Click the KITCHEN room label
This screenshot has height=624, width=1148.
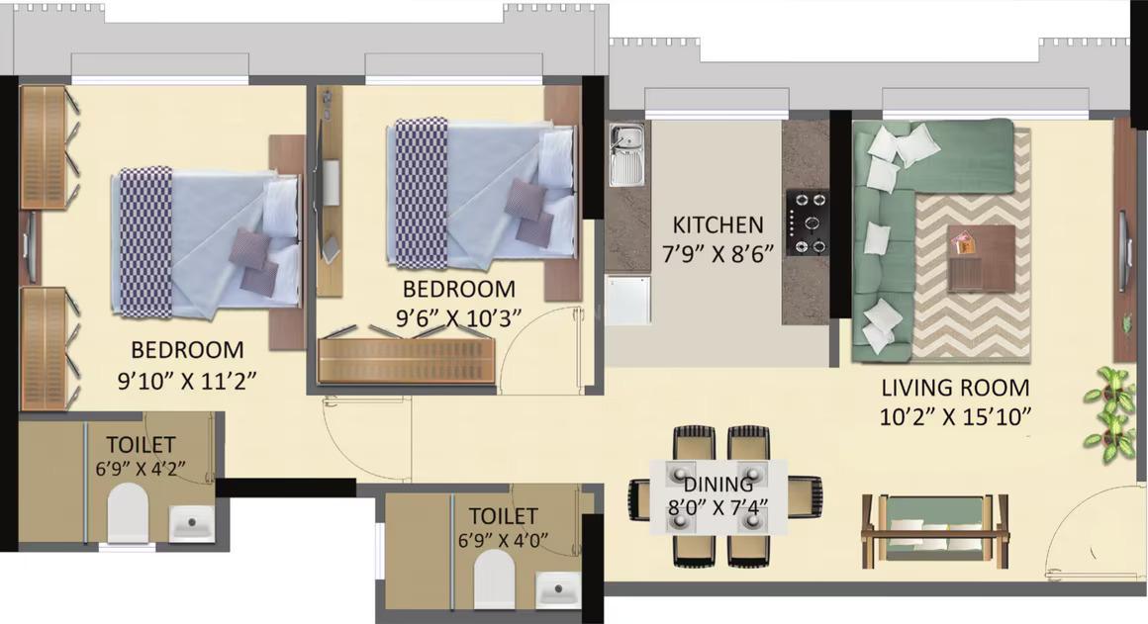coord(717,224)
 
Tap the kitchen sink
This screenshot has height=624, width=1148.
coord(626,155)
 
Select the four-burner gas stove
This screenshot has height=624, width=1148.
coord(808,222)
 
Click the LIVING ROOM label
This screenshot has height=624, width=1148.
coord(955,388)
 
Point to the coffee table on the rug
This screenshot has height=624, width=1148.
coord(981,257)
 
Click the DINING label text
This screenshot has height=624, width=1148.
coord(718,485)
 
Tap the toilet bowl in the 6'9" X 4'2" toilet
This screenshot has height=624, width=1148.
coord(127,513)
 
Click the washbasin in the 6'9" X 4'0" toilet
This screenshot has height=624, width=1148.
coord(558,590)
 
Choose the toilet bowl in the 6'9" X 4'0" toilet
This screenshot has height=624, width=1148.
coord(494,579)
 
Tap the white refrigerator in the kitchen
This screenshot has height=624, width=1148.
coord(629,300)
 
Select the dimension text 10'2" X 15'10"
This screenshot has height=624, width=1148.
coord(956,415)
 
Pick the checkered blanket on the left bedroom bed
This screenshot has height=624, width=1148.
coord(145,242)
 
